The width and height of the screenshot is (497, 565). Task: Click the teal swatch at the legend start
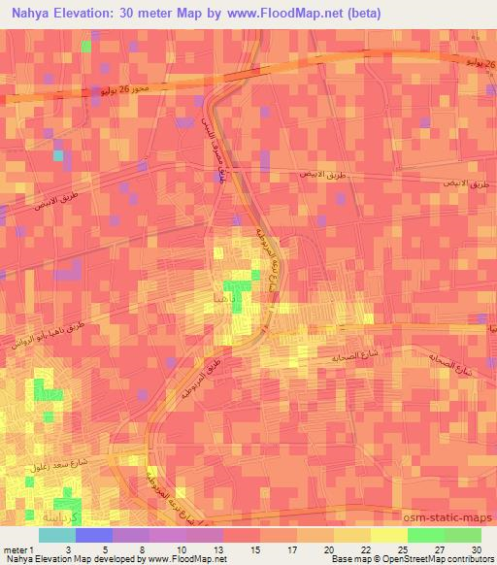57,535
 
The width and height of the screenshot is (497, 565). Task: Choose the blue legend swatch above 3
94,535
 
